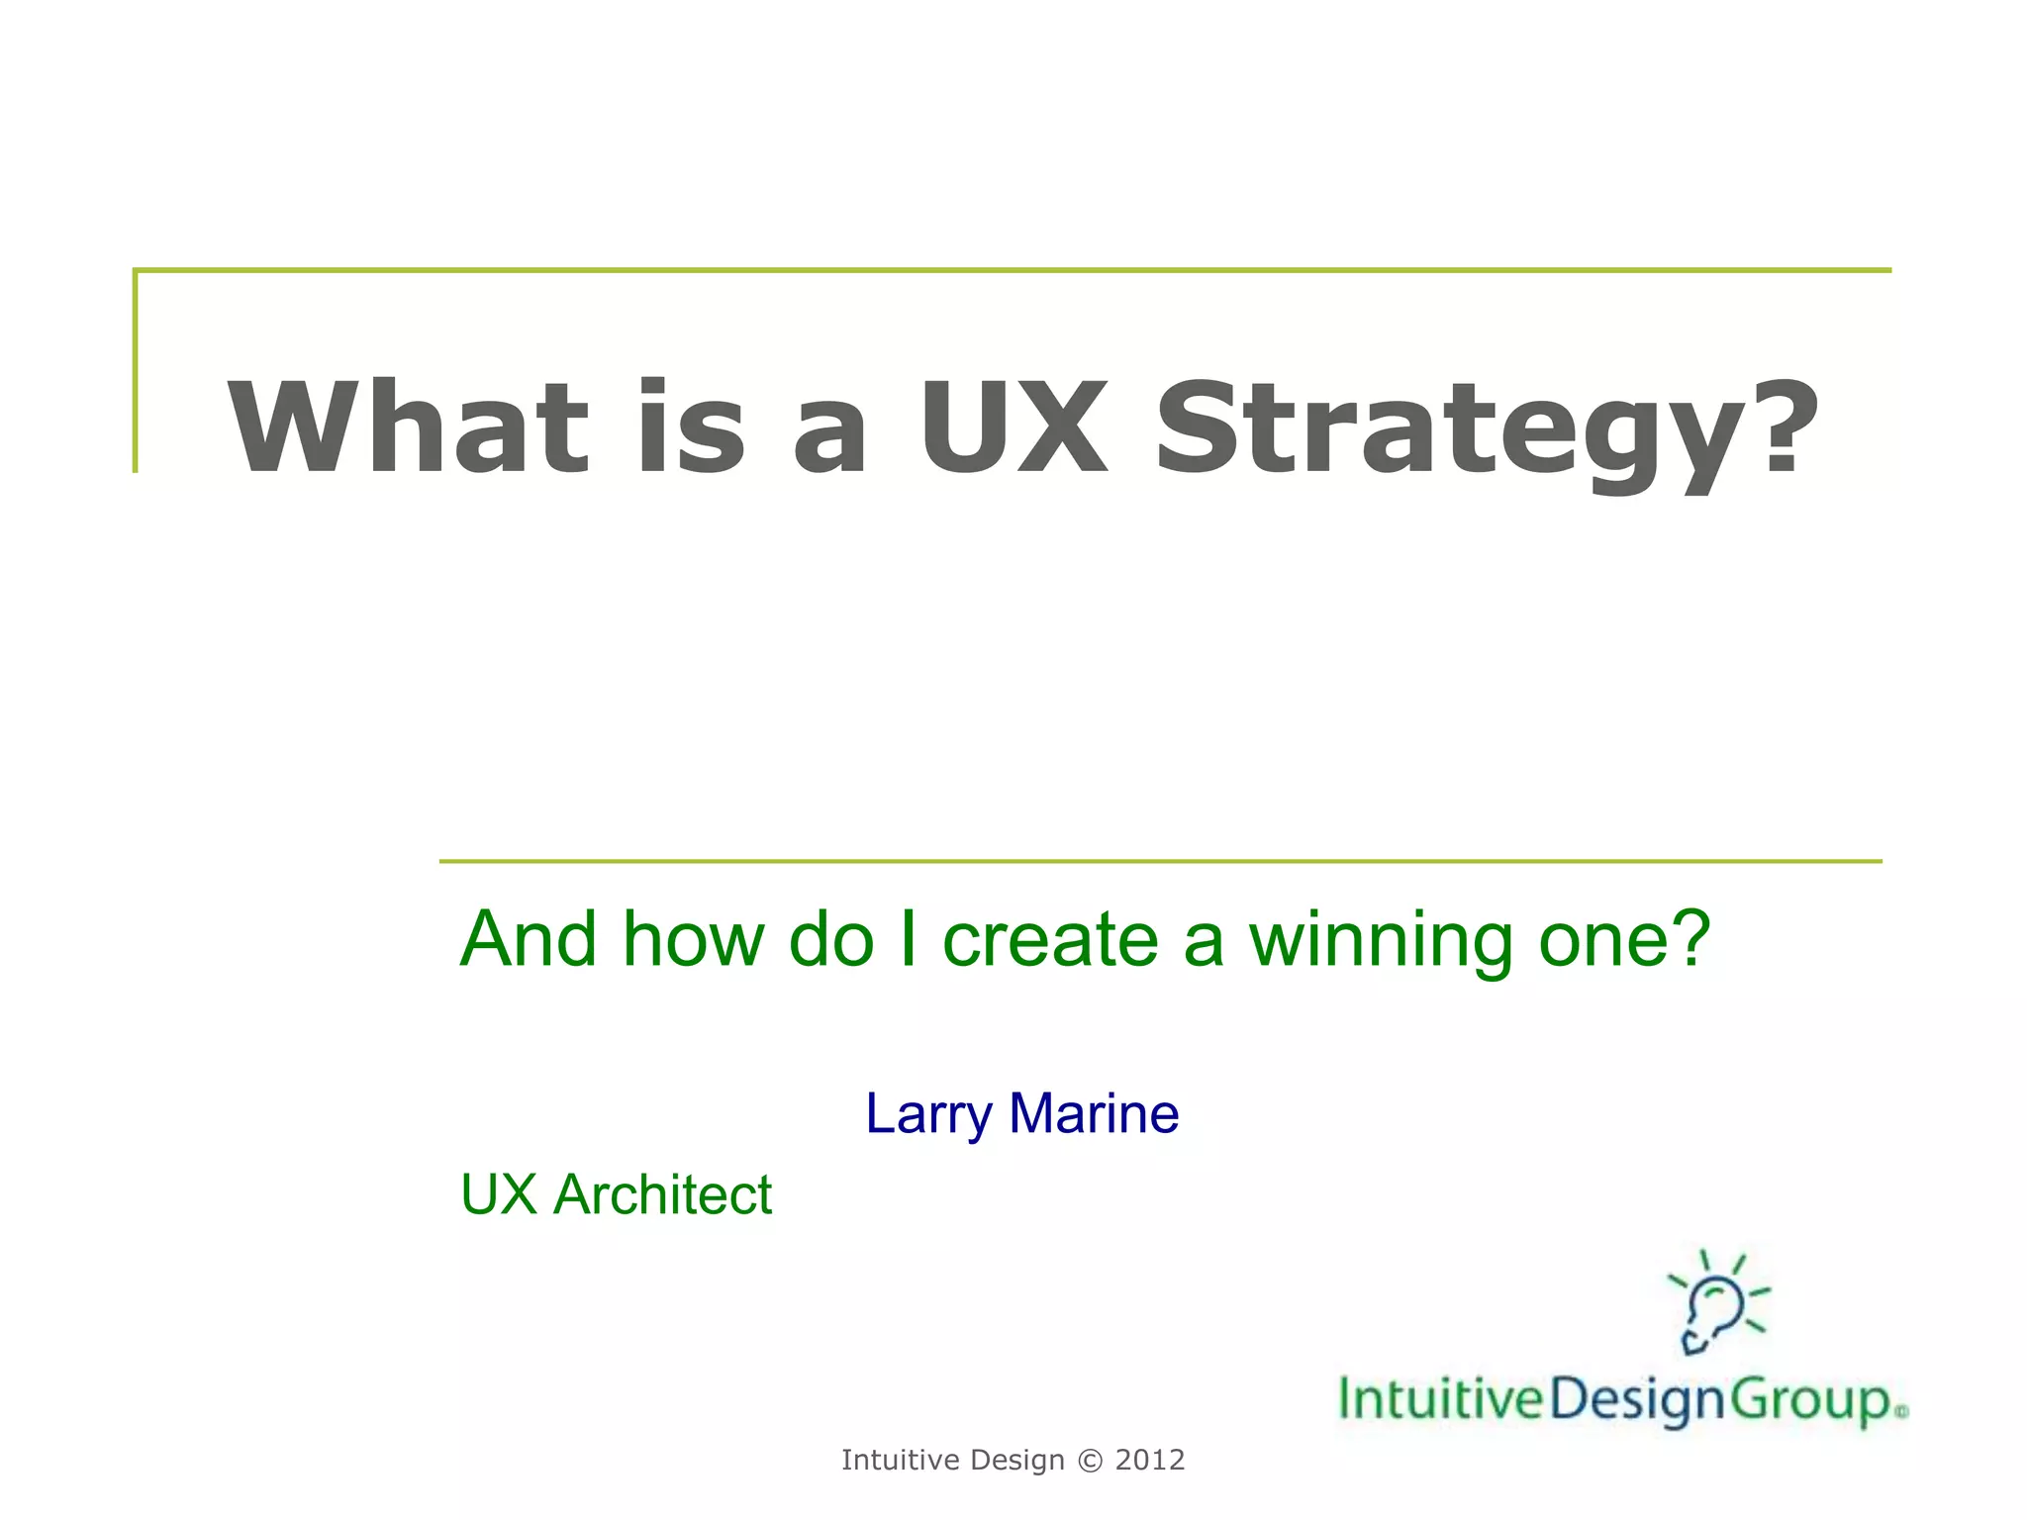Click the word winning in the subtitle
coord(1381,940)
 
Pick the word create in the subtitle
coord(1049,940)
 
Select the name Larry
coord(927,1114)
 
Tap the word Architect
coord(662,1194)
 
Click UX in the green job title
coord(499,1194)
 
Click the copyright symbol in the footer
coord(1090,1461)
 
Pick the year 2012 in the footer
coord(1150,1461)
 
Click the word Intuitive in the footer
coord(901,1461)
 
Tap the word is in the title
coord(691,427)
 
